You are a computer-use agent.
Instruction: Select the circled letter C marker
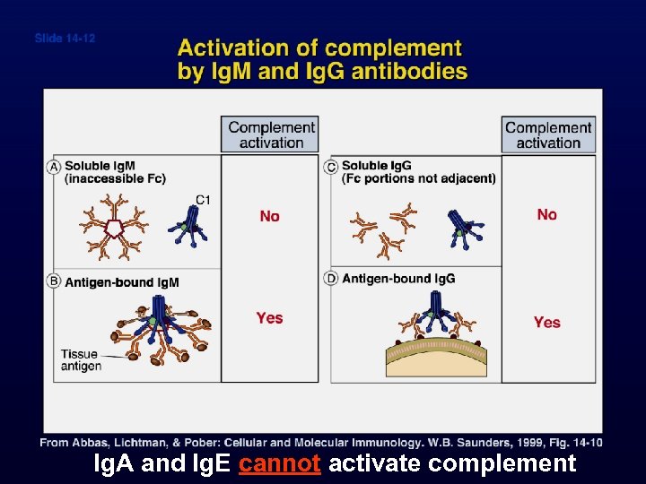point(332,167)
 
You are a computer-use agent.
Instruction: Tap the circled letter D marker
point(332,279)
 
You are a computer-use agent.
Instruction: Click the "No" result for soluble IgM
point(269,216)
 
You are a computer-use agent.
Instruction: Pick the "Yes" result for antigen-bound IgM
point(269,317)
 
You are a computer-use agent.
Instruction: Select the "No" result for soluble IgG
point(546,214)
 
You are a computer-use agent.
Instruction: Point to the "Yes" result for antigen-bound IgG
point(546,322)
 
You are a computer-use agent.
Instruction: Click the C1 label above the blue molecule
point(203,199)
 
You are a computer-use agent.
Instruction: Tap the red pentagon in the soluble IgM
point(115,228)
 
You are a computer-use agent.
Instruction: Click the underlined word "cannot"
point(280,463)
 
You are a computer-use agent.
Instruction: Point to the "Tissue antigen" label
point(81,359)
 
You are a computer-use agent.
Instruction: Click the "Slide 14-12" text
point(65,39)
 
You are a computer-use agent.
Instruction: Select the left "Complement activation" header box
point(271,134)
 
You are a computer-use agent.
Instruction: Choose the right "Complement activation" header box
point(548,134)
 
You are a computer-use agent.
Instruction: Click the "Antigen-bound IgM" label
point(121,282)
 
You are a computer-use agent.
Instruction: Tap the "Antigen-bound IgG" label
point(398,279)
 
